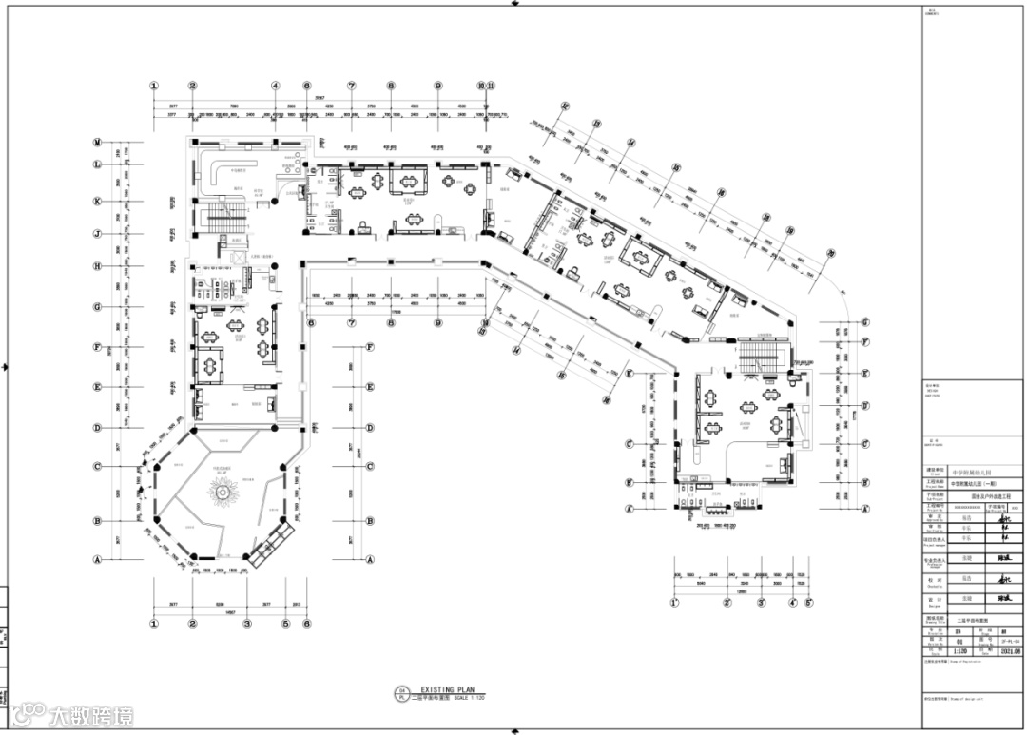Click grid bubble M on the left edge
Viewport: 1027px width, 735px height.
click(x=97, y=143)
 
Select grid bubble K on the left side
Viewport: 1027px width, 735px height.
click(x=97, y=202)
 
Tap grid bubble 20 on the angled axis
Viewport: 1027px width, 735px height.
click(x=830, y=254)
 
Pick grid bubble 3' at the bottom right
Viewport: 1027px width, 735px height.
click(x=763, y=602)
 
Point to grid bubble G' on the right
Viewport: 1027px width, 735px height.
click(x=865, y=322)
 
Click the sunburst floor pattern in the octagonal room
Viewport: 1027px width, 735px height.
click(x=226, y=493)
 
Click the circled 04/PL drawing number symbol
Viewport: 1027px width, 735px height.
click(x=401, y=693)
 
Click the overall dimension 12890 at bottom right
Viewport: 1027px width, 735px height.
click(x=741, y=590)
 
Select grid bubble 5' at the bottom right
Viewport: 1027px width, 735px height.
click(x=808, y=602)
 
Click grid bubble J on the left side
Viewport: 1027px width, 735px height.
click(x=97, y=234)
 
